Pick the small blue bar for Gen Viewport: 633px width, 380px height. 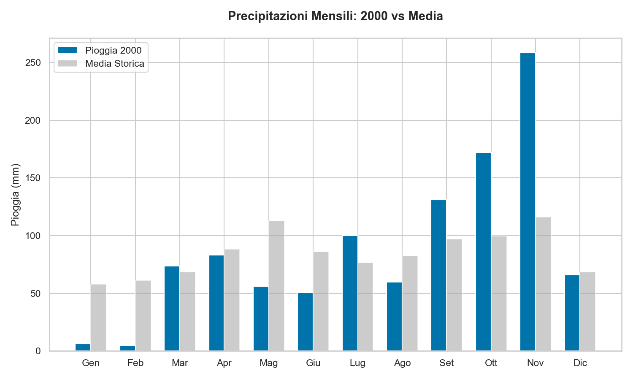(83, 347)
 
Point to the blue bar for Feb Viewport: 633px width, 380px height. (127, 348)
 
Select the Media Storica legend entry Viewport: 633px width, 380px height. (114, 64)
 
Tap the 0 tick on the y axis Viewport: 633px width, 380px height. (38, 351)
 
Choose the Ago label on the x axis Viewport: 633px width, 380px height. (402, 363)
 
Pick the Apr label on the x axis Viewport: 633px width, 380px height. (224, 363)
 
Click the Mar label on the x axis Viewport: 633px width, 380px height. (180, 363)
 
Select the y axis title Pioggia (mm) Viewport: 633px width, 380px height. (15, 194)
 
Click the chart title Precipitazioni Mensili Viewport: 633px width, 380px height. (335, 16)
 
